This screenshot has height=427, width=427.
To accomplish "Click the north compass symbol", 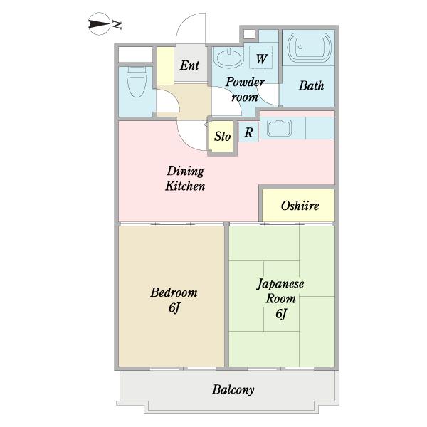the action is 99,24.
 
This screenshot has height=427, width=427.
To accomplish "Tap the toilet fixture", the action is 137,82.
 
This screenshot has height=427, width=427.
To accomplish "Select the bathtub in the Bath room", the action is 310,48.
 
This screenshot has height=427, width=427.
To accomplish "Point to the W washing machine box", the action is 261,57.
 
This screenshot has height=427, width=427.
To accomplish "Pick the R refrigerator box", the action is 248,132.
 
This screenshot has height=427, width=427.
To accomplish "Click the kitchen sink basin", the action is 279,128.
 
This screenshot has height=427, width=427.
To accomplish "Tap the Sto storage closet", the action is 222,136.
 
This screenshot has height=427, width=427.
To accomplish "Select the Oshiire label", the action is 300,206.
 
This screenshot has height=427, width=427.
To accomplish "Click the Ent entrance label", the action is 189,65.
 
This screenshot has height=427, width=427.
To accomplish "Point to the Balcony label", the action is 233,390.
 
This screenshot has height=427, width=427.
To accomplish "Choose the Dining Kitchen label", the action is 185,179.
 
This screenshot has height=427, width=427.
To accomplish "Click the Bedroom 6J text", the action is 174,300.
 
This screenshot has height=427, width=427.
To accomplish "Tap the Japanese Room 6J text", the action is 280,298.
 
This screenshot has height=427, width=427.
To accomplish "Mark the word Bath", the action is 311,86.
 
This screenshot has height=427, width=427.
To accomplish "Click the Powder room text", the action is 245,90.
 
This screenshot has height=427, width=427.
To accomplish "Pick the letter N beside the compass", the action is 117,25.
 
